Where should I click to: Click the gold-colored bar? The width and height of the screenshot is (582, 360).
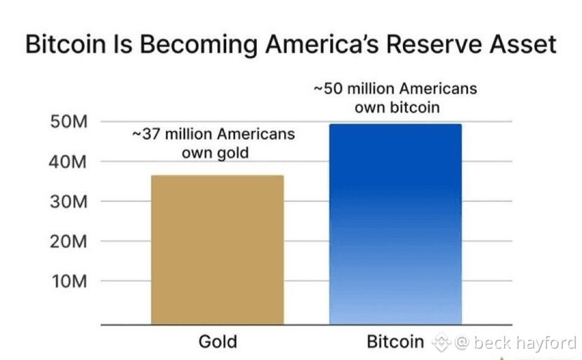(x=218, y=250)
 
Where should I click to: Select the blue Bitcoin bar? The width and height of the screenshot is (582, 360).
(x=396, y=224)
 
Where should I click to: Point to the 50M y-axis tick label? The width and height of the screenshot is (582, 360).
(x=69, y=121)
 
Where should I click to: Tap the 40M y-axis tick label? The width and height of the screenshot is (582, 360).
(x=67, y=162)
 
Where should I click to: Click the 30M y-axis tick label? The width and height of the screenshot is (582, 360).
(x=69, y=202)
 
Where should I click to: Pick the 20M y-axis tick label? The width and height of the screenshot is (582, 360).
(x=69, y=241)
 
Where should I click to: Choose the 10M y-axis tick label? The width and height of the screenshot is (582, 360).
(x=70, y=281)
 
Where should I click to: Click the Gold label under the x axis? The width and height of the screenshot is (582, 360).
(x=218, y=342)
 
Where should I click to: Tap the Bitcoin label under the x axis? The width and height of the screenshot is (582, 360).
(x=395, y=342)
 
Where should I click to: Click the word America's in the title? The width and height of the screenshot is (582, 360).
(x=322, y=44)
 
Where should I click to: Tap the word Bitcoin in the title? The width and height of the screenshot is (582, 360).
(x=66, y=44)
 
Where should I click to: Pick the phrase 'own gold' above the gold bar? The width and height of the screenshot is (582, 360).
(x=216, y=153)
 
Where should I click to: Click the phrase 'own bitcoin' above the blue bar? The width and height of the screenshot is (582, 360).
(x=397, y=107)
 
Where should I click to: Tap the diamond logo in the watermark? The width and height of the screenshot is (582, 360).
(x=442, y=342)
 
